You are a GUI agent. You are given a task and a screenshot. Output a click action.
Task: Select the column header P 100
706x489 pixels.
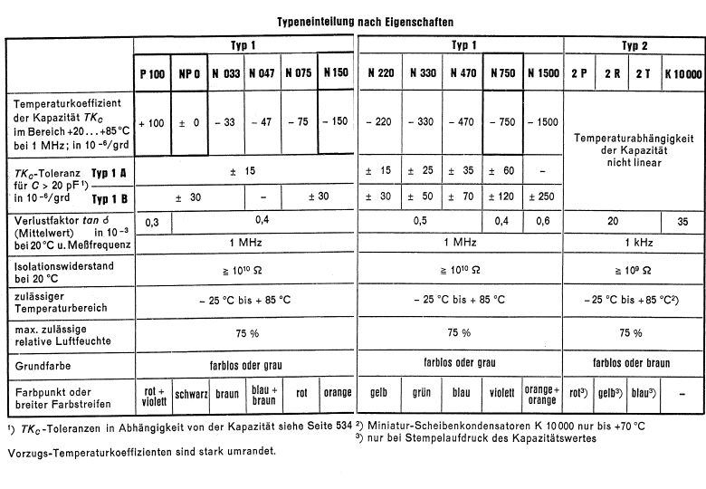click(152, 74)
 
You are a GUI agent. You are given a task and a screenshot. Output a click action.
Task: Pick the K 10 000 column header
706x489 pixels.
click(682, 74)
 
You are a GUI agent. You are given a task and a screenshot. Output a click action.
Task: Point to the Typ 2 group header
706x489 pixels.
click(634, 45)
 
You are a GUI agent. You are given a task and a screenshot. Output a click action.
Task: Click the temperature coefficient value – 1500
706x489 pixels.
click(543, 121)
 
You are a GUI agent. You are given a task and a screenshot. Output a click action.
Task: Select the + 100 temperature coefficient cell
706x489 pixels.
click(152, 121)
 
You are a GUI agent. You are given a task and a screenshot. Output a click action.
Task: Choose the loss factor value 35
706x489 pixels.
click(682, 221)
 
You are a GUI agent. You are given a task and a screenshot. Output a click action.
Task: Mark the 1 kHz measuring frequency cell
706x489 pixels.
click(634, 243)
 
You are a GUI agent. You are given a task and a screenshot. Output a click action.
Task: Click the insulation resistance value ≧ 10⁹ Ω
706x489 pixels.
click(634, 269)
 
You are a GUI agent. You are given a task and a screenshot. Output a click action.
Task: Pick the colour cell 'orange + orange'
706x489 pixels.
click(543, 395)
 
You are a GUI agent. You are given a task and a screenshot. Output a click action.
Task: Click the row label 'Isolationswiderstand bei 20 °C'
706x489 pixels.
click(59, 270)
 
